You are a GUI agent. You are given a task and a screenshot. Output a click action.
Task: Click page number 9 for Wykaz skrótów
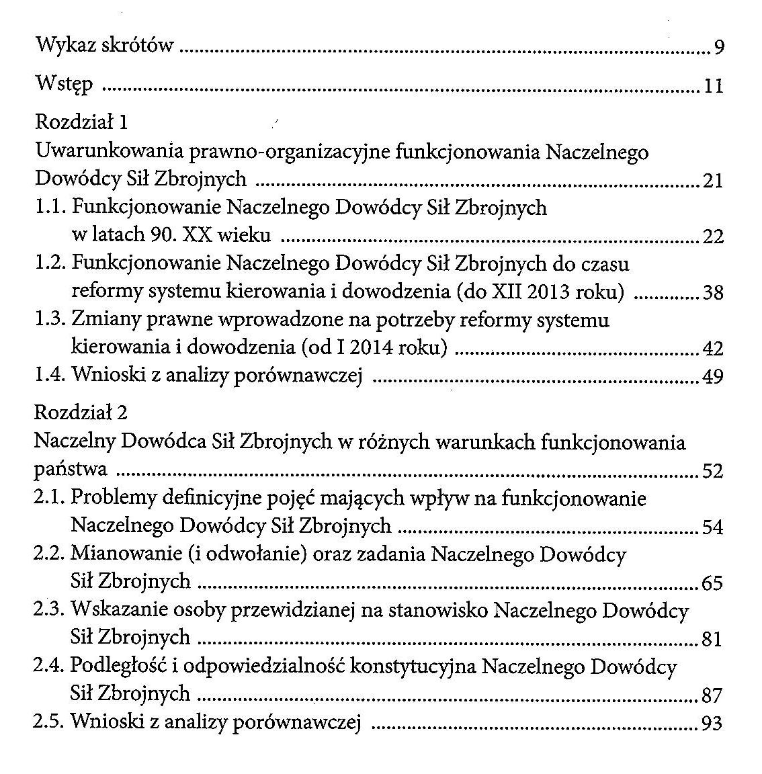tap(718, 48)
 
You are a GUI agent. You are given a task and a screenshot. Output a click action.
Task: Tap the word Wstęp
tap(64, 85)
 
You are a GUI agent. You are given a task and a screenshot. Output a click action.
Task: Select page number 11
tap(713, 87)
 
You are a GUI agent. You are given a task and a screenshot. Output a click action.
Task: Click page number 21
tap(712, 181)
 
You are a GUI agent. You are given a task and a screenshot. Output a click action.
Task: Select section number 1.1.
tap(50, 208)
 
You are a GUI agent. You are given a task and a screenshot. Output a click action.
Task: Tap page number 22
tap(712, 236)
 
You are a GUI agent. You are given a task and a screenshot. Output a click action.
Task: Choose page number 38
tap(712, 292)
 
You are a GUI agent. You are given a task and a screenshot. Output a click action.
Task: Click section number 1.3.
tap(50, 320)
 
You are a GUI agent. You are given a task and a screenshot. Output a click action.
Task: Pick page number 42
tap(712, 349)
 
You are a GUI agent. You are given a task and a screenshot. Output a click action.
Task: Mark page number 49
tap(712, 377)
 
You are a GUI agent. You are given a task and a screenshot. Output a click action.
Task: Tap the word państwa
tap(70, 470)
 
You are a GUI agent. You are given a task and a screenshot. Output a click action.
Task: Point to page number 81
tap(712, 639)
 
